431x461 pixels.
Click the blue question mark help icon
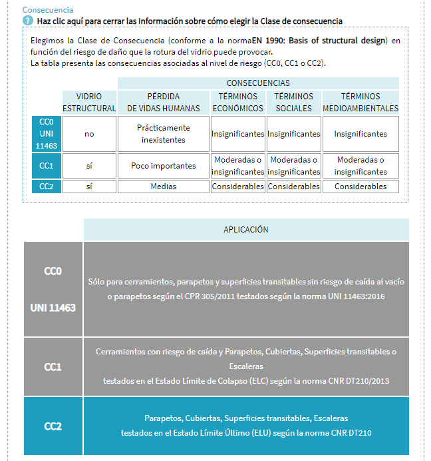click(28, 21)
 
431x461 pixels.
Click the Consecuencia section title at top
click(48, 10)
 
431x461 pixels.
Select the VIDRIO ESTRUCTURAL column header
click(89, 102)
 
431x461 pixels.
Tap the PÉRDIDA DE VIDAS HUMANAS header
click(164, 102)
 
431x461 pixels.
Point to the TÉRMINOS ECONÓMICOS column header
click(237, 102)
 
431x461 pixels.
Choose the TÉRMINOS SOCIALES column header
click(293, 102)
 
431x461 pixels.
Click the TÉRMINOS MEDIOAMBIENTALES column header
click(360, 102)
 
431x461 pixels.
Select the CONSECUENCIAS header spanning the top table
click(258, 83)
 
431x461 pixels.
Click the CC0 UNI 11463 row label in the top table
click(47, 134)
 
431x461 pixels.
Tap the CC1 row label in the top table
click(47, 166)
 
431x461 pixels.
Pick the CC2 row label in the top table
click(47, 187)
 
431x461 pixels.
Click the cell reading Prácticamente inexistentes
click(164, 134)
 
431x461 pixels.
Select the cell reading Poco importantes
click(164, 166)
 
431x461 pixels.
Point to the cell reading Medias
click(164, 187)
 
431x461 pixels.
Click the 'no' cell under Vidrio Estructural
click(89, 134)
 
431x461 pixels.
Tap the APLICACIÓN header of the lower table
click(246, 229)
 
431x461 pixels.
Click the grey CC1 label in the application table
click(53, 367)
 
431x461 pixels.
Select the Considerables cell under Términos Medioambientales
click(360, 187)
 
